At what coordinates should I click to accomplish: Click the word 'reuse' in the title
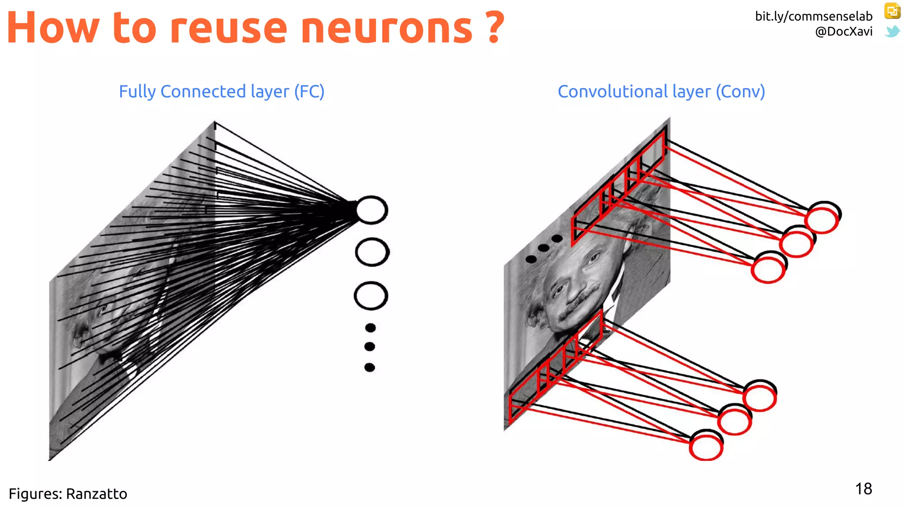click(x=228, y=29)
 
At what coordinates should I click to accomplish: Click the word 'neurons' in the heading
click(x=387, y=29)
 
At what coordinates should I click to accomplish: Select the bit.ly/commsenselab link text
click(x=814, y=16)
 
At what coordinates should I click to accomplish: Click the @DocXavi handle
click(x=844, y=31)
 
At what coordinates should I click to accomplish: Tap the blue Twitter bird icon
click(x=892, y=31)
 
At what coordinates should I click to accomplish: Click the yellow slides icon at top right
click(x=892, y=11)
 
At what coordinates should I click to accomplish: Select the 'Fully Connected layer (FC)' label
click(x=222, y=91)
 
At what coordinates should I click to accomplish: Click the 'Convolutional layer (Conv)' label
click(x=661, y=91)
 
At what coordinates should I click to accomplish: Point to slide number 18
click(x=863, y=489)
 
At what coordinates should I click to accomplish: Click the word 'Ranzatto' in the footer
click(x=97, y=493)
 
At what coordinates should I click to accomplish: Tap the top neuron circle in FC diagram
click(x=372, y=210)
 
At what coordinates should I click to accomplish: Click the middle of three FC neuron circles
click(x=372, y=252)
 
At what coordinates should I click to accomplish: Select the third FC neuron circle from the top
click(x=371, y=295)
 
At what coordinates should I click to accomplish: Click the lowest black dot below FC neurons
click(x=370, y=367)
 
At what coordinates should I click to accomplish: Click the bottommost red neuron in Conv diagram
click(x=706, y=447)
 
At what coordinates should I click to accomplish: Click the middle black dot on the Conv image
click(x=544, y=248)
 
